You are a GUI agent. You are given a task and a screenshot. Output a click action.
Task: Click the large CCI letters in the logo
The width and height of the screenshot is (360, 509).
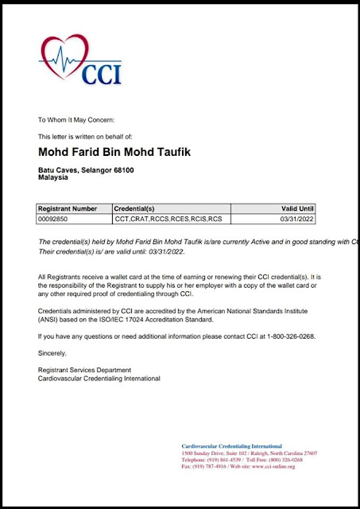pos(101,72)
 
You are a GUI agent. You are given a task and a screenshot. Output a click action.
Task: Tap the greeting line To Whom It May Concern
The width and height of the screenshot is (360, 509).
pos(76,119)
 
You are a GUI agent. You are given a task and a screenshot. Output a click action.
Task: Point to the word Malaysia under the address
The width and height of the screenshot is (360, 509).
pos(53,178)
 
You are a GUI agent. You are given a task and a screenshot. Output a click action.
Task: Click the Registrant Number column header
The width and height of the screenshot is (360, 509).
pos(68,207)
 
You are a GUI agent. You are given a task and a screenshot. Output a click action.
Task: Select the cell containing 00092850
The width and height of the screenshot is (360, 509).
pos(55,218)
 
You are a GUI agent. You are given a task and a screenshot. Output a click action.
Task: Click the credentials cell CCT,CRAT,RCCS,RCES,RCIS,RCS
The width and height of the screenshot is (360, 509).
pos(168,218)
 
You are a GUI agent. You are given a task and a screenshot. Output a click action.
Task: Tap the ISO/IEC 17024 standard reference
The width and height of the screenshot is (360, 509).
pos(160,319)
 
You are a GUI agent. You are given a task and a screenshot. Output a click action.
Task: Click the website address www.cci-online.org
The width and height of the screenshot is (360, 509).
pos(273,467)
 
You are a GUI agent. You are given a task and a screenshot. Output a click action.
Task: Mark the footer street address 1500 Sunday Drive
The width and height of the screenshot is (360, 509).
pos(208,453)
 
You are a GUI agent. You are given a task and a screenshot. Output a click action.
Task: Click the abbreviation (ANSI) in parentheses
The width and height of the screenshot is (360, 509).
pos(49,319)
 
